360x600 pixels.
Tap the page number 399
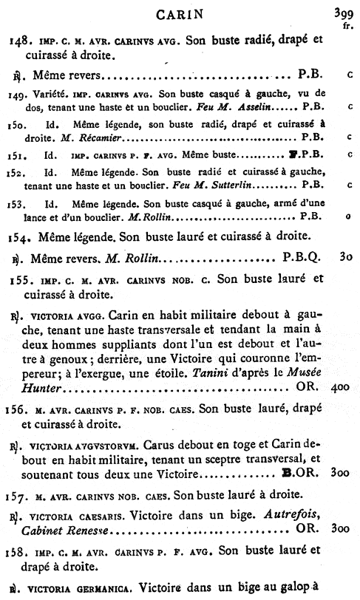pyautogui.click(x=342, y=12)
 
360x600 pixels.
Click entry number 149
pyautogui.click(x=19, y=93)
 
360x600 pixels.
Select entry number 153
pyautogui.click(x=18, y=202)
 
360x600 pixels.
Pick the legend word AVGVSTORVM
pyautogui.click(x=108, y=448)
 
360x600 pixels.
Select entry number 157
pyautogui.click(x=20, y=497)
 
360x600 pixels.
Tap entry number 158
pyautogui.click(x=20, y=550)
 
